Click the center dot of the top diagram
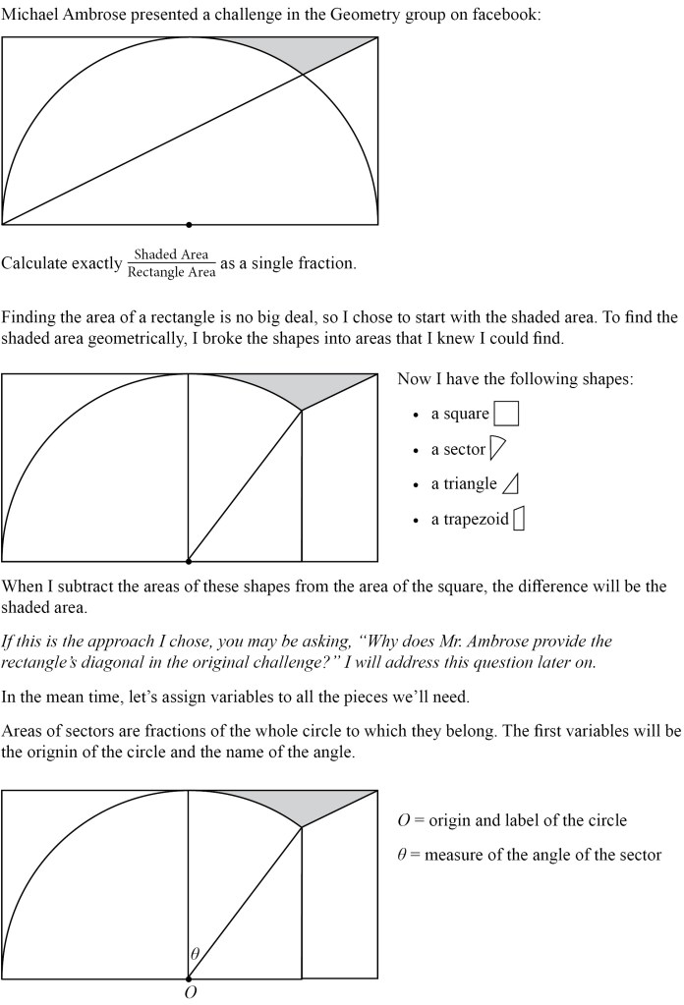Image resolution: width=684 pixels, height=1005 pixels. (189, 225)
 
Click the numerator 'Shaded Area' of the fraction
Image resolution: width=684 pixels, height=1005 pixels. (171, 254)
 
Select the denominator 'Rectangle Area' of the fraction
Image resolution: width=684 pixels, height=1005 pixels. (171, 272)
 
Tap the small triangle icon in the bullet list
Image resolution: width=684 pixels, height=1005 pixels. (510, 484)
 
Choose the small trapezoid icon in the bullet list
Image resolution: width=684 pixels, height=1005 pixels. (519, 519)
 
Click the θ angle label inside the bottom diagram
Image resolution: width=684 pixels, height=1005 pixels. (195, 953)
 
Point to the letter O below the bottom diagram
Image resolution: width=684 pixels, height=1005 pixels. (190, 992)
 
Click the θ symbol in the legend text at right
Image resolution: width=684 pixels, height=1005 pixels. (402, 855)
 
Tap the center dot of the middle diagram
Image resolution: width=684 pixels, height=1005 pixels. (189, 562)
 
